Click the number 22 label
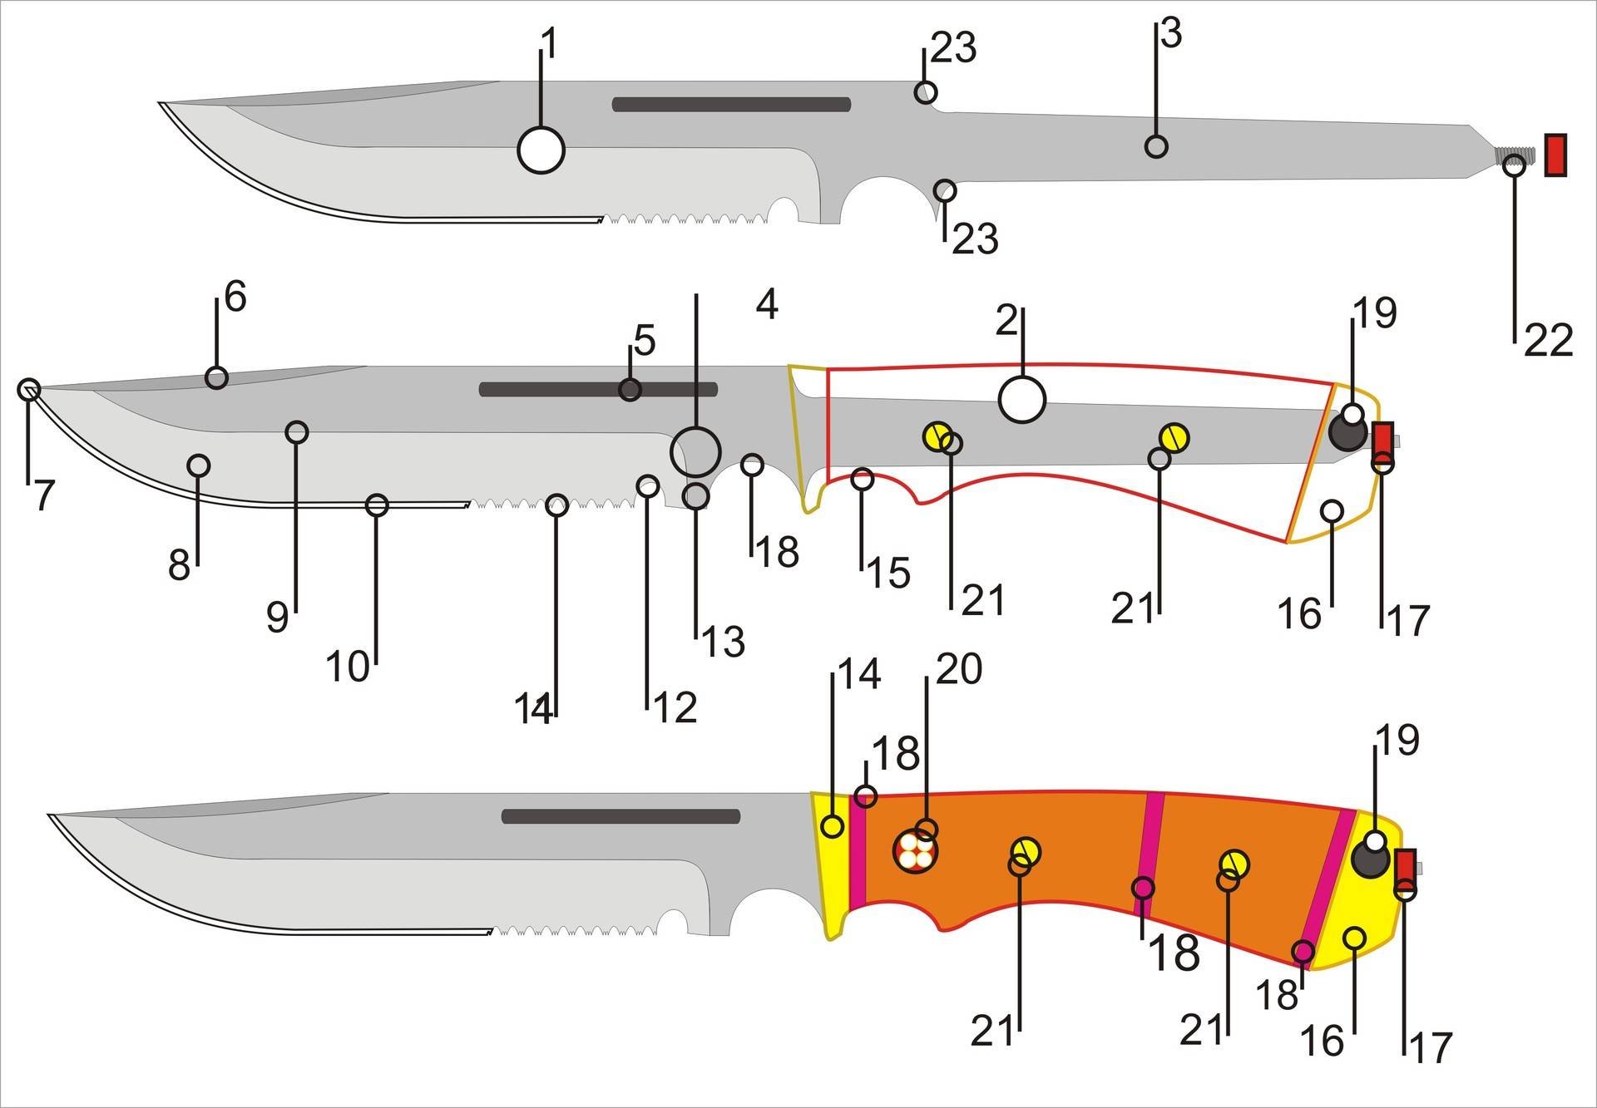[x=1548, y=341]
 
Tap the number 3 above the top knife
[x=1170, y=34]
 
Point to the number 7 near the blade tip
[x=43, y=496]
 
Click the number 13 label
[x=723, y=641]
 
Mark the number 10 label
[x=347, y=666]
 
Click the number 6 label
[x=235, y=297]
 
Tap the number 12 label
[x=675, y=707]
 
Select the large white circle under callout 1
[x=541, y=150]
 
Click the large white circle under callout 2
[x=1021, y=399]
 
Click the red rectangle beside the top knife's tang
[x=1555, y=155]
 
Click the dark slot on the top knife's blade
[x=731, y=105]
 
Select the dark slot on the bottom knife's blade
[x=621, y=816]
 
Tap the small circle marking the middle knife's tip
[x=29, y=388]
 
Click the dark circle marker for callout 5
[x=630, y=389]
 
